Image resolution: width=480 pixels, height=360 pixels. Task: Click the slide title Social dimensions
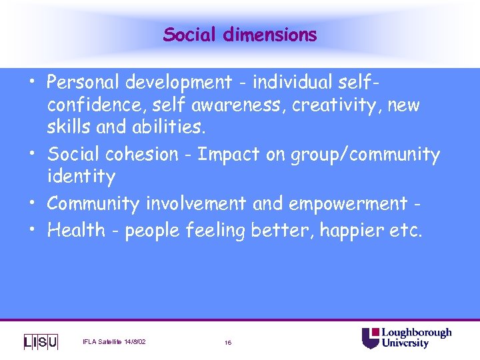(x=240, y=34)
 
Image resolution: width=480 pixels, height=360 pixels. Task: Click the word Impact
(x=227, y=155)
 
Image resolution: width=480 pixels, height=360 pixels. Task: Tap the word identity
(x=81, y=177)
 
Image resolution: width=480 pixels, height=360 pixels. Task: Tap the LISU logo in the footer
(x=41, y=342)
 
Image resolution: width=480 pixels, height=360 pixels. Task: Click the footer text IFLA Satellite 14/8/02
(x=114, y=342)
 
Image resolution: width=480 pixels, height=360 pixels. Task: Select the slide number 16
(x=228, y=343)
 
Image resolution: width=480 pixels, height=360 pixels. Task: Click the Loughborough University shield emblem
(x=370, y=338)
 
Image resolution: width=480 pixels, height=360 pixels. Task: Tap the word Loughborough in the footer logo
(x=416, y=333)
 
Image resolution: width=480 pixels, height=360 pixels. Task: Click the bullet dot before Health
(x=33, y=229)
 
